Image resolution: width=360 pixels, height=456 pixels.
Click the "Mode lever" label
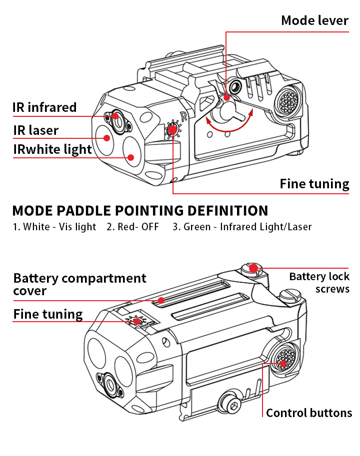click(314, 20)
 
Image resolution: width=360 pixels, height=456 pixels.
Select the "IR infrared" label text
click(44, 107)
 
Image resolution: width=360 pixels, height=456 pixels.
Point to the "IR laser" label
click(35, 130)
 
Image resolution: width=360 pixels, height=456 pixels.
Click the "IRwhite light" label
click(52, 149)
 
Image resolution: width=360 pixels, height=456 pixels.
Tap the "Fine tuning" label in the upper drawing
click(314, 183)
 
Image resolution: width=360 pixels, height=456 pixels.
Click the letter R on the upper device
click(183, 117)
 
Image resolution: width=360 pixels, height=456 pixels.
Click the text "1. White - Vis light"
click(54, 227)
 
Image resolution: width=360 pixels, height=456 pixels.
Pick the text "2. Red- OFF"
click(132, 227)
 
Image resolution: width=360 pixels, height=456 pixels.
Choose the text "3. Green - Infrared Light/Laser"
click(242, 227)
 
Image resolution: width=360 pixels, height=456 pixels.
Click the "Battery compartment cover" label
click(79, 284)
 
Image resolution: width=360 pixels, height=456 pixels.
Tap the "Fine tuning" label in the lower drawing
click(47, 314)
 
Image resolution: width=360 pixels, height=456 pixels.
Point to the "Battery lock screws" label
click(319, 283)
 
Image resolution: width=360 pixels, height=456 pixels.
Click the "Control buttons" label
click(308, 413)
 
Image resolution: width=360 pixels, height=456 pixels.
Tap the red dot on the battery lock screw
click(253, 268)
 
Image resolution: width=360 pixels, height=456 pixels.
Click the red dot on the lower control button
click(283, 363)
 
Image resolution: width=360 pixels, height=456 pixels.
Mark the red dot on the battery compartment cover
click(160, 300)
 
